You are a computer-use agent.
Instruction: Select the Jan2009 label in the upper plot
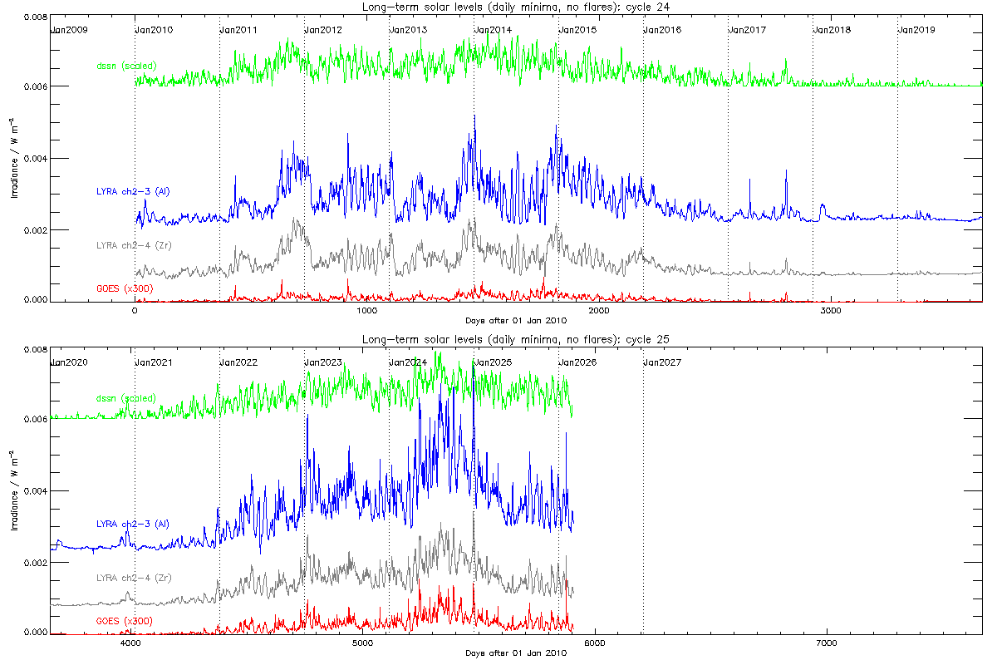tap(69, 30)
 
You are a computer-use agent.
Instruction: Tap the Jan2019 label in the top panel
tap(917, 30)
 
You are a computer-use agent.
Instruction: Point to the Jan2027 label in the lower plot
tap(663, 362)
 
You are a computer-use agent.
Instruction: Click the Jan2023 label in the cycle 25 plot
tap(324, 362)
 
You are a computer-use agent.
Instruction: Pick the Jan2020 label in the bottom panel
tap(69, 362)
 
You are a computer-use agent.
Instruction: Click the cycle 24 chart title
tap(516, 7)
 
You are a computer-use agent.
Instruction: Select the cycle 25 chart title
tap(516, 339)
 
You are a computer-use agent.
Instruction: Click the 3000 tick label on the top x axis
tap(831, 309)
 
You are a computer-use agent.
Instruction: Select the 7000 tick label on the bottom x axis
tap(828, 642)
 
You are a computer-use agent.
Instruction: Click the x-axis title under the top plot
tap(516, 319)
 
